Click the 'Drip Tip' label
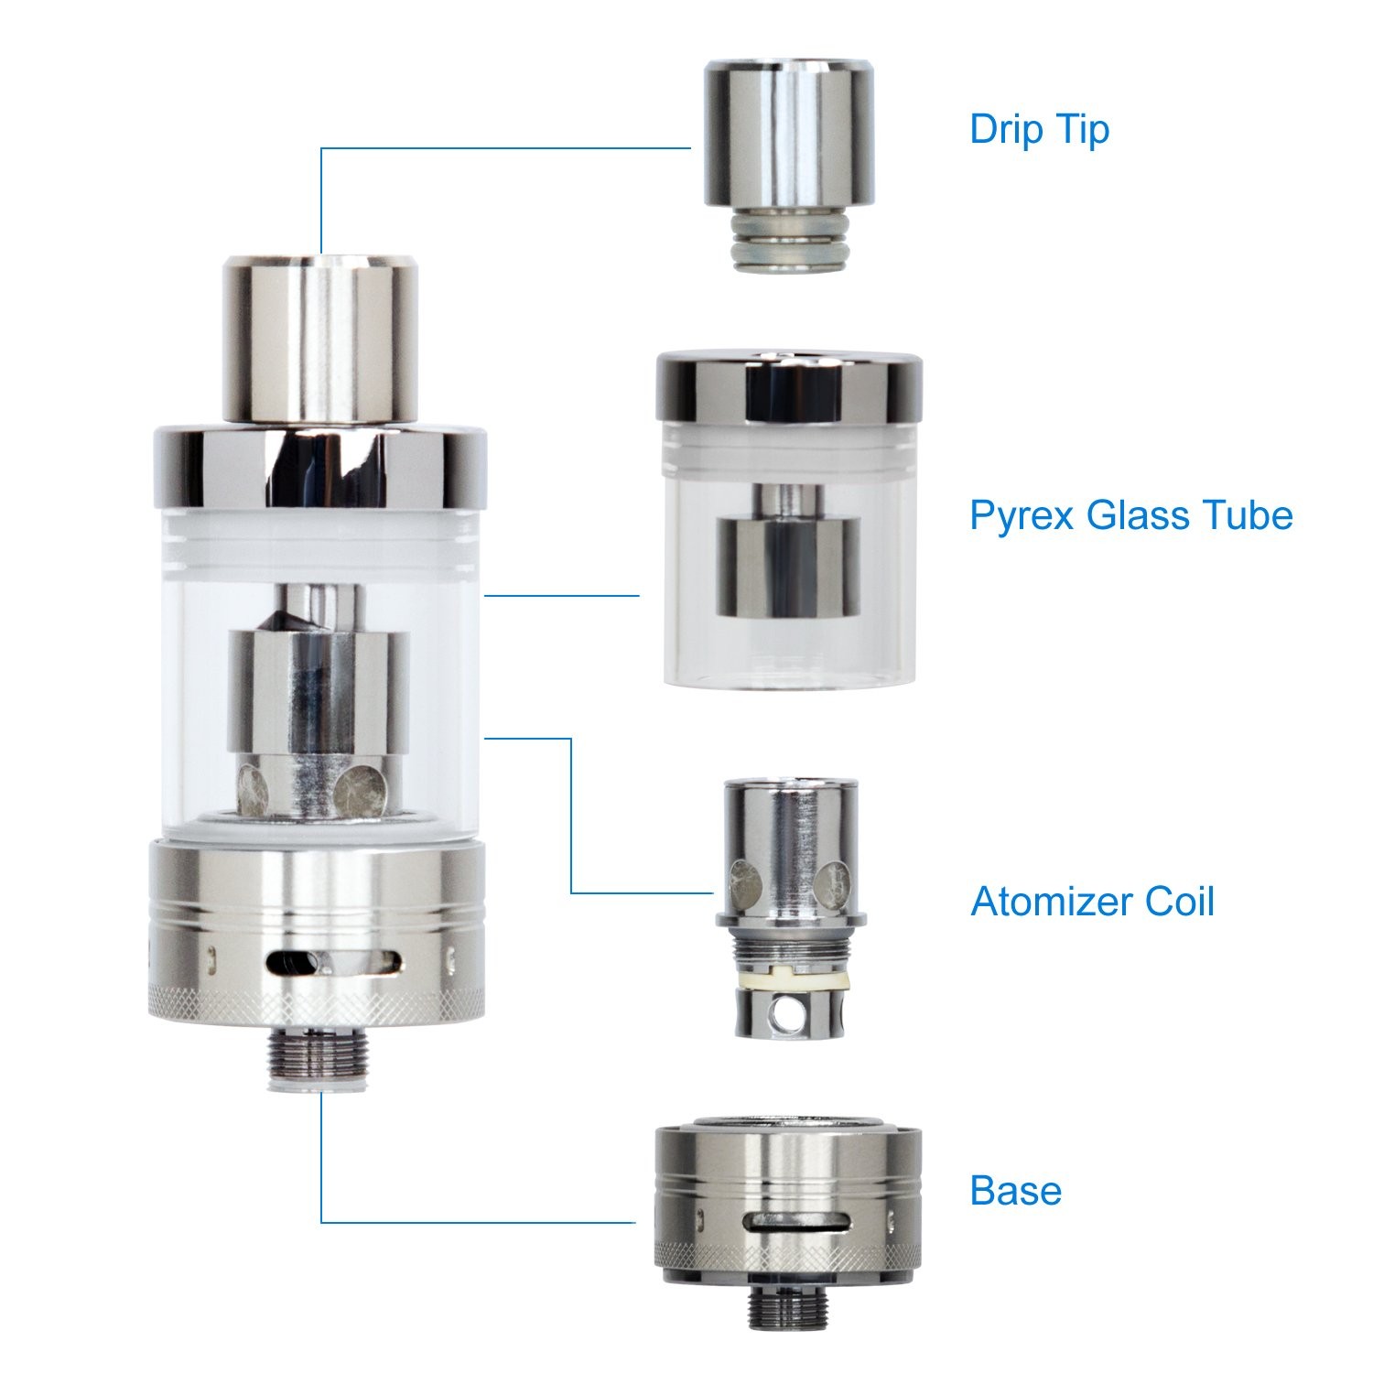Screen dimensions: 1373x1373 1039,130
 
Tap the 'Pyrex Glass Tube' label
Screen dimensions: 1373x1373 1131,515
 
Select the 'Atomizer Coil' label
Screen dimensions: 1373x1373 1092,902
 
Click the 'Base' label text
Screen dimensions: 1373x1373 1016,1190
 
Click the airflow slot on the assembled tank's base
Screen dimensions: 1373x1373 333,963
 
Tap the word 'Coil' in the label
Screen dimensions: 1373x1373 1180,902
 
